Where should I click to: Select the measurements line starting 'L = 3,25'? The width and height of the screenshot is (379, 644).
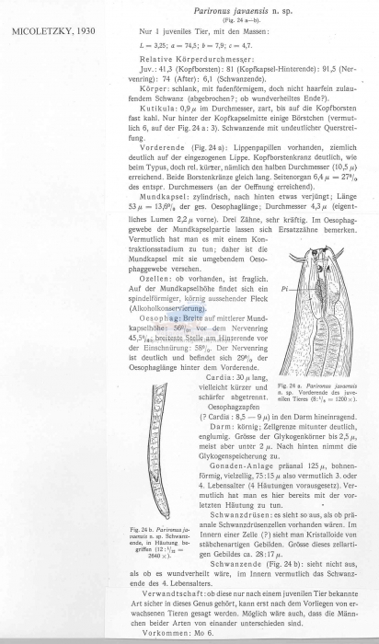[x=184, y=43]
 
